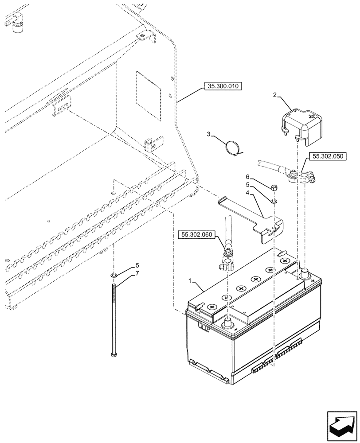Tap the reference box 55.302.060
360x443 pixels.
pyautogui.click(x=197, y=234)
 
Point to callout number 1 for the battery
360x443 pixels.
pyautogui.click(x=191, y=281)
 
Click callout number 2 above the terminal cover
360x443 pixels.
pyautogui.click(x=275, y=95)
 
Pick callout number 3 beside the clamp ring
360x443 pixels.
pyautogui.click(x=208, y=134)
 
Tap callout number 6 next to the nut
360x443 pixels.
pyautogui.click(x=247, y=176)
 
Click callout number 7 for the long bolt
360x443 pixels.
pyautogui.click(x=137, y=273)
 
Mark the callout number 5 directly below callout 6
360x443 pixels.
pyautogui.click(x=247, y=184)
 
